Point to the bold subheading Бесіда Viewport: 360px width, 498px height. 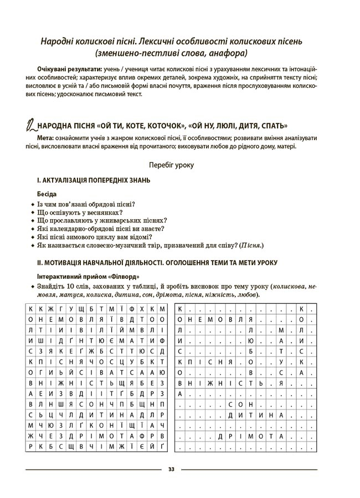pyautogui.click(x=47, y=195)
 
